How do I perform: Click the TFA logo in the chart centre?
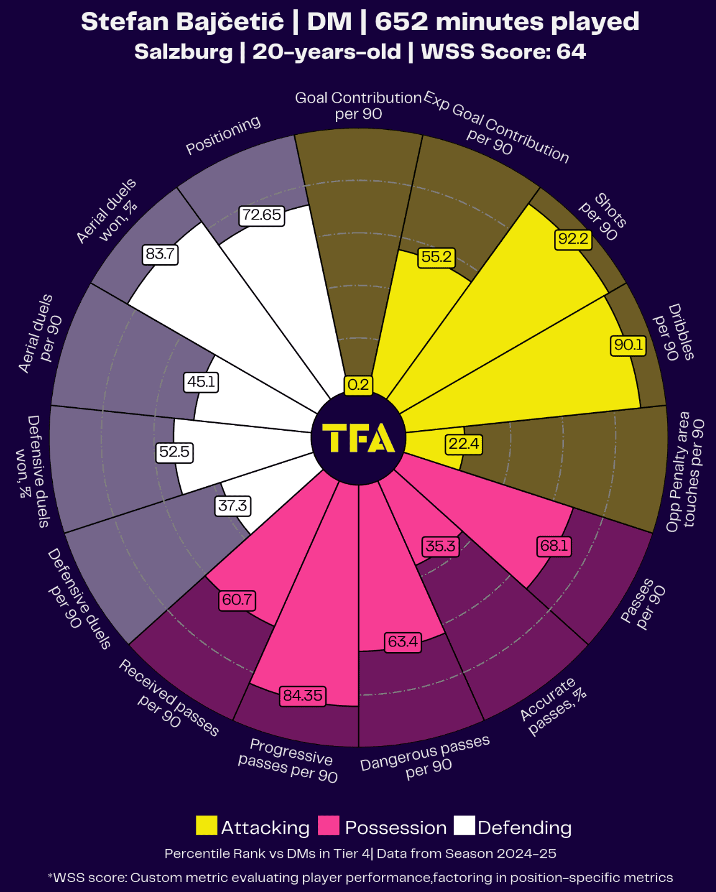click(x=358, y=438)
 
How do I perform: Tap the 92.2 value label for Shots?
click(x=573, y=239)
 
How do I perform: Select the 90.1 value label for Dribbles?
click(x=628, y=345)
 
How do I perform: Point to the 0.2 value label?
click(x=358, y=385)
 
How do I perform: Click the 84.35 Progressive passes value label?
click(x=302, y=696)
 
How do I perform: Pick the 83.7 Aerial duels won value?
click(x=160, y=254)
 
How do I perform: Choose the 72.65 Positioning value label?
click(x=261, y=215)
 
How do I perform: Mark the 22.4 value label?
click(x=463, y=444)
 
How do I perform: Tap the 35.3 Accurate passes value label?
click(x=440, y=546)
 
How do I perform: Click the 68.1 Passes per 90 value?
click(x=554, y=546)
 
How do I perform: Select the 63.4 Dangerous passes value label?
click(x=402, y=641)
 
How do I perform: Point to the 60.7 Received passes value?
click(x=237, y=600)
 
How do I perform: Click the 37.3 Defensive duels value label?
click(x=232, y=506)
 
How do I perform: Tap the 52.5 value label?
click(x=174, y=452)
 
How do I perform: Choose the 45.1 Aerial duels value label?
click(x=201, y=382)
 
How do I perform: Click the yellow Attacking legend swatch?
click(x=207, y=826)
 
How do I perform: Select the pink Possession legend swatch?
click(x=329, y=826)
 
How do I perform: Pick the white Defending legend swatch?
click(x=464, y=826)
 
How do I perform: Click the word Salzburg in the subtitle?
click(x=183, y=52)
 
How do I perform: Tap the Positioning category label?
click(x=224, y=135)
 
